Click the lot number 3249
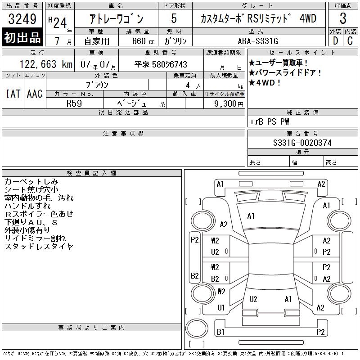(22, 19)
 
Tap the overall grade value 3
(343, 18)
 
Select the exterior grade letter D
(335, 41)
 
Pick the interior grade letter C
(350, 41)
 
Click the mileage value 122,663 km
(46, 64)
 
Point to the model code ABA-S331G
(258, 41)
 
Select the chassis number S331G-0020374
(302, 143)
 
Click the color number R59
(74, 103)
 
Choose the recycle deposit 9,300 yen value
(229, 103)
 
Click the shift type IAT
(13, 94)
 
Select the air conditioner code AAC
(35, 94)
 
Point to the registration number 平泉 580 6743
(161, 64)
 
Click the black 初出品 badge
(22, 37)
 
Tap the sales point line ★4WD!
(265, 82)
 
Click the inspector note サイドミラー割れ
(35, 238)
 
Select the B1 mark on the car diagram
(220, 332)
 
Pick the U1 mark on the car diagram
(221, 307)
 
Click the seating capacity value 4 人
(193, 85)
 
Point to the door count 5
(174, 18)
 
